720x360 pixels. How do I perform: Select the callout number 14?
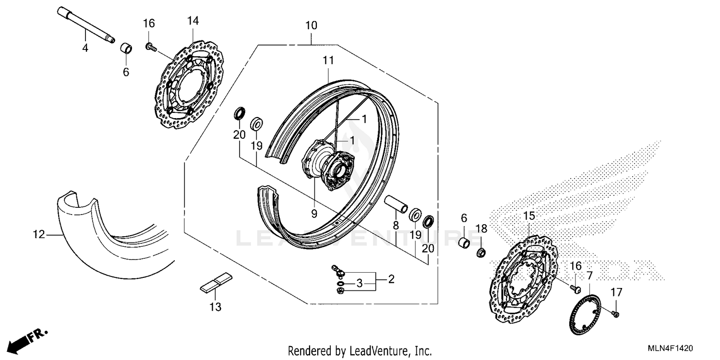click(x=193, y=21)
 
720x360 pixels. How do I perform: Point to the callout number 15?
click(x=528, y=216)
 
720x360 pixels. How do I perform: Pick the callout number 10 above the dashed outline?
click(x=311, y=25)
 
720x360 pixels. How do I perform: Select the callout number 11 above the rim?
click(x=328, y=60)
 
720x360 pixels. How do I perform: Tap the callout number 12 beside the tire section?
click(x=39, y=235)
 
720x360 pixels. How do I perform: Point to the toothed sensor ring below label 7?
click(x=585, y=312)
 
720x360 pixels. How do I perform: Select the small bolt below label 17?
click(x=616, y=314)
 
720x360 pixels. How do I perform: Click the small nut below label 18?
click(x=480, y=252)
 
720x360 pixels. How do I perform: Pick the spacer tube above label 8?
click(x=396, y=203)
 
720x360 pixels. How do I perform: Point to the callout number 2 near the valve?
click(x=391, y=279)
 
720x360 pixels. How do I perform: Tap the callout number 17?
click(x=616, y=292)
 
